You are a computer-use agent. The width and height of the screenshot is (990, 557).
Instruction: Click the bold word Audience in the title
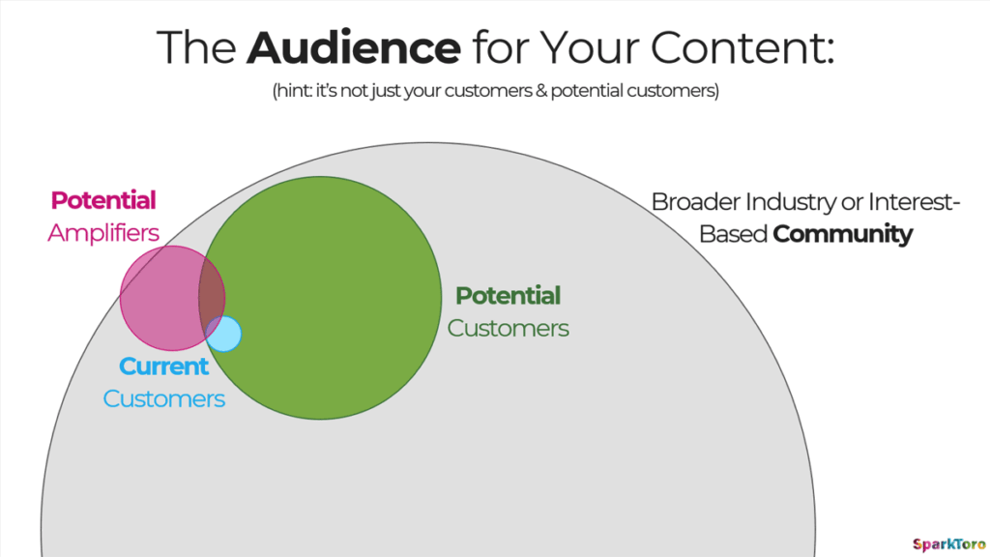pyautogui.click(x=354, y=47)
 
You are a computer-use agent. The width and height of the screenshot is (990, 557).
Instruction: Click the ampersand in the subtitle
pyautogui.click(x=541, y=91)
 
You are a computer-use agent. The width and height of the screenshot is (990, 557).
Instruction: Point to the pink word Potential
pyautogui.click(x=103, y=200)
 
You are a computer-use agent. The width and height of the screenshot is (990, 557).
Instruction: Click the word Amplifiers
pyautogui.click(x=103, y=233)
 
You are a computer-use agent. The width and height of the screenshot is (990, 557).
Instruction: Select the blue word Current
pyautogui.click(x=163, y=366)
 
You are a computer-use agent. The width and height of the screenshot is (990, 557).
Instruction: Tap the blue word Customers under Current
pyautogui.click(x=163, y=399)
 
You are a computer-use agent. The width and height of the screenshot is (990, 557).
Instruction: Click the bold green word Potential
pyautogui.click(x=509, y=296)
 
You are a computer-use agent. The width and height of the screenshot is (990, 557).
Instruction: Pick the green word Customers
pyautogui.click(x=509, y=329)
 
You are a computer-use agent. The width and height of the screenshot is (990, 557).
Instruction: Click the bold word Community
pyautogui.click(x=843, y=234)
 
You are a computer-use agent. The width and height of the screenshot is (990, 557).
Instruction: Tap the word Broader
pyautogui.click(x=696, y=202)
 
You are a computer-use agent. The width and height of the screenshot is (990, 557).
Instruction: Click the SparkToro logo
pyautogui.click(x=948, y=543)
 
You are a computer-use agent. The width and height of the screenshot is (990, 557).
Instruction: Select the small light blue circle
pyautogui.click(x=223, y=334)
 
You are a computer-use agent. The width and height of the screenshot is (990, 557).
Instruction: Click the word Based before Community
pyautogui.click(x=733, y=234)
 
